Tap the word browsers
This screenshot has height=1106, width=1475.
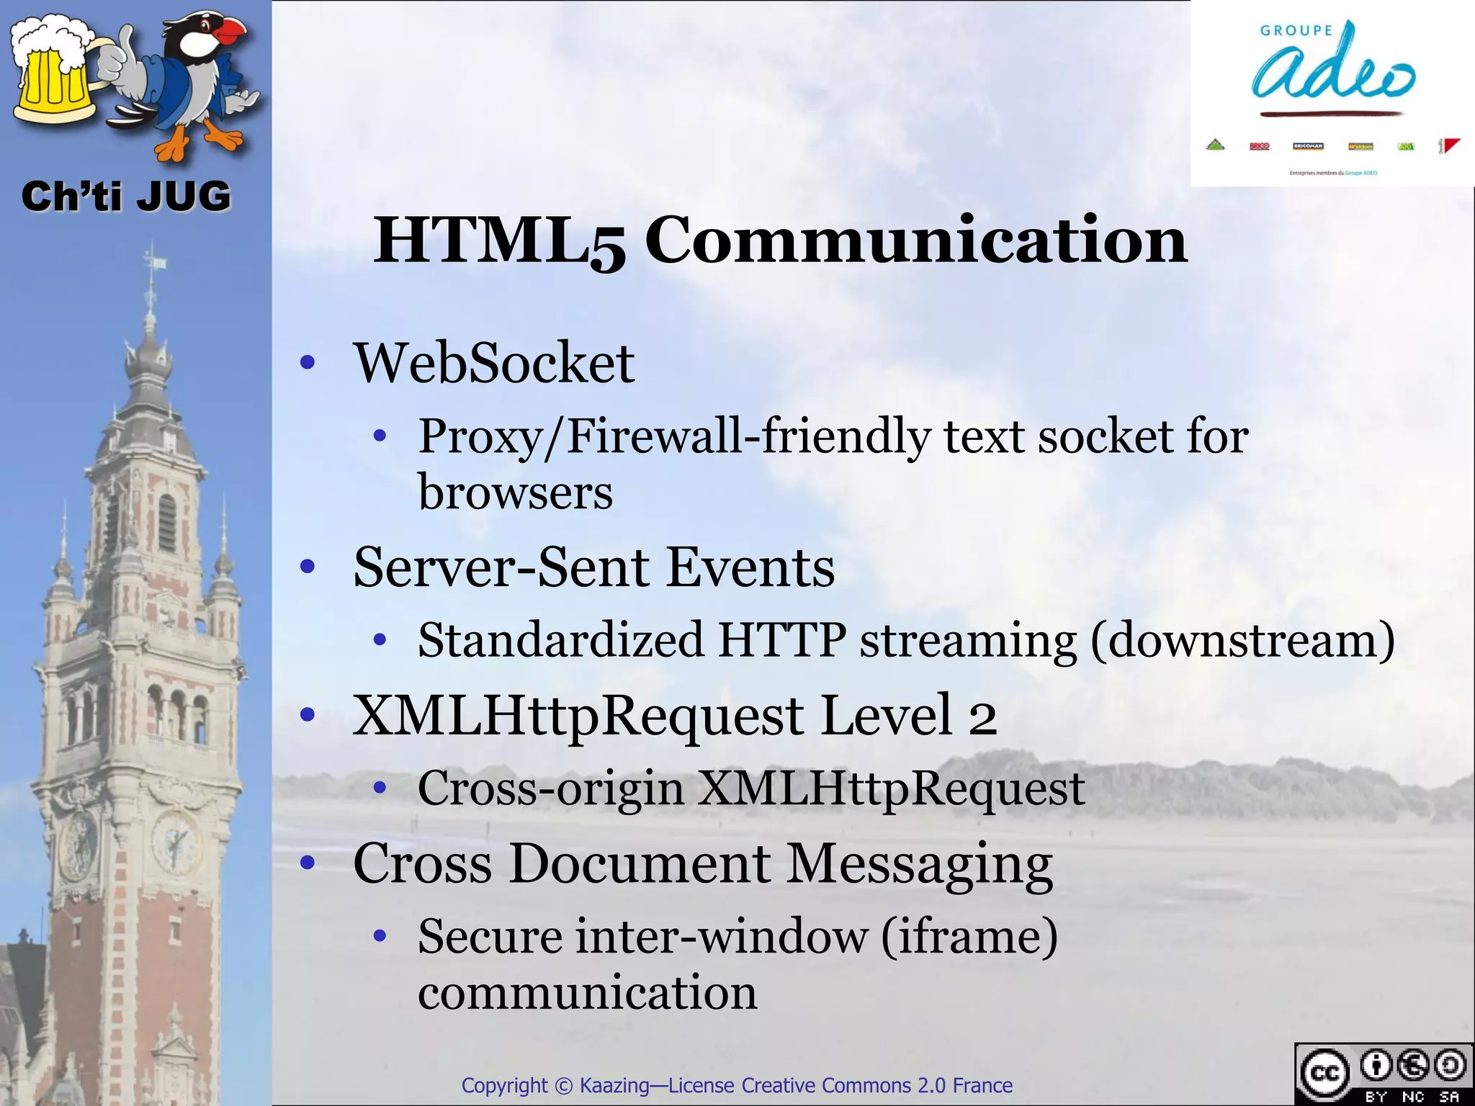[x=515, y=493]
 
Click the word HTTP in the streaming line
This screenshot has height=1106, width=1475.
[x=782, y=640]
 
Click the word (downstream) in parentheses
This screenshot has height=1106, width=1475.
[x=1242, y=640]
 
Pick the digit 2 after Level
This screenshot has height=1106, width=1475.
[x=982, y=716]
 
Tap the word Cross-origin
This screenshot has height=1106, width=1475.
[x=551, y=788]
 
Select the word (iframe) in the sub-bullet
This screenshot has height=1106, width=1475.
[x=969, y=937]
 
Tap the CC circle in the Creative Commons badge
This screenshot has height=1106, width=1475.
[x=1324, y=1074]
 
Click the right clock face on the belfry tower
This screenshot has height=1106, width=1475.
[x=174, y=840]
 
